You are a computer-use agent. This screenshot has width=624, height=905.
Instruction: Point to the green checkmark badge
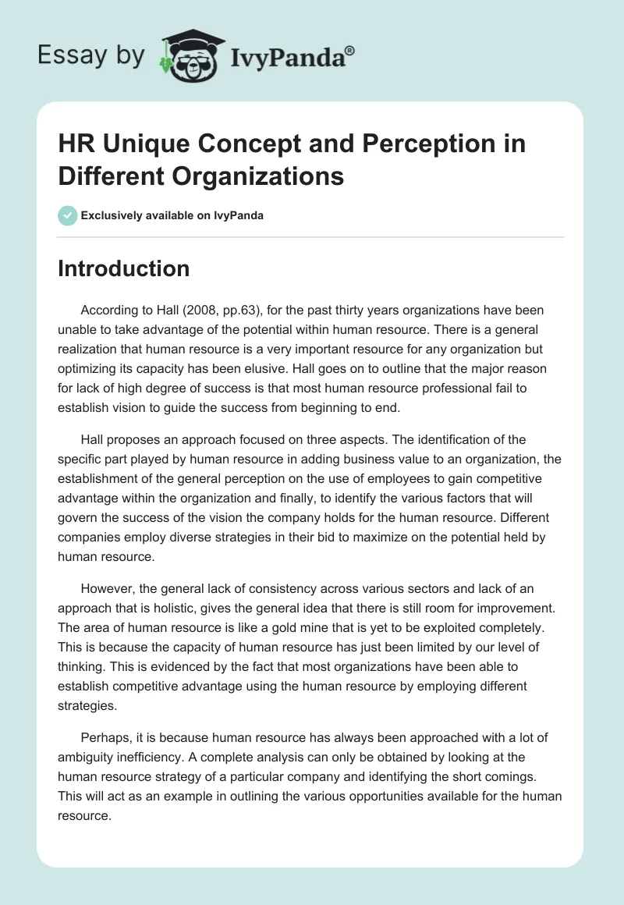tap(68, 215)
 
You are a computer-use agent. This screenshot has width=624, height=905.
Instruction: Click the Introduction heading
tap(124, 268)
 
